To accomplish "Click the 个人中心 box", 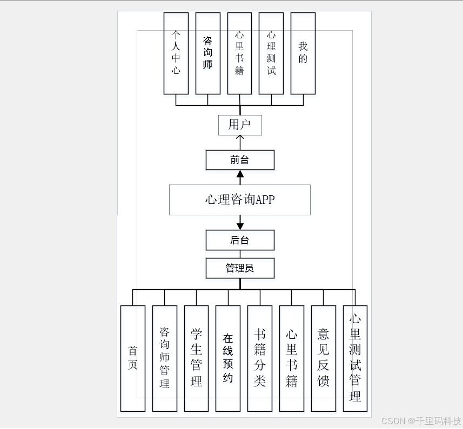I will (x=176, y=53).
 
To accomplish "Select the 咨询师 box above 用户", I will (x=208, y=53).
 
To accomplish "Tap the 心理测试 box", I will (x=271, y=53).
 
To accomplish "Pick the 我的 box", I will (x=303, y=53).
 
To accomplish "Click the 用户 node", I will (x=240, y=125).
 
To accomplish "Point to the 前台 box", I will (x=240, y=160).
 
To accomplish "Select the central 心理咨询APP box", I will (x=240, y=200).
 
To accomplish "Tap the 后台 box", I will (x=240, y=240).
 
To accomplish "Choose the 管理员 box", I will (x=240, y=268).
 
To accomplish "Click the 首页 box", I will (x=133, y=358).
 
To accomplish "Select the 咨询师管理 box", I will (x=165, y=358).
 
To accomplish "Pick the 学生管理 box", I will (x=197, y=358).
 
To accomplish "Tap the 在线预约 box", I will (x=228, y=358).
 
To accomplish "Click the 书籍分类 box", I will (x=260, y=358).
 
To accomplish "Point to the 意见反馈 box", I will (x=324, y=358).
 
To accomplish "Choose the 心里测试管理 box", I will (x=355, y=358).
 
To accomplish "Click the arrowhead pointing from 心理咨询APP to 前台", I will (x=240, y=174).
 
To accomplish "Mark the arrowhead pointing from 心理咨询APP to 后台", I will (x=240, y=225).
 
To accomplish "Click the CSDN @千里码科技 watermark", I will (x=421, y=420).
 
